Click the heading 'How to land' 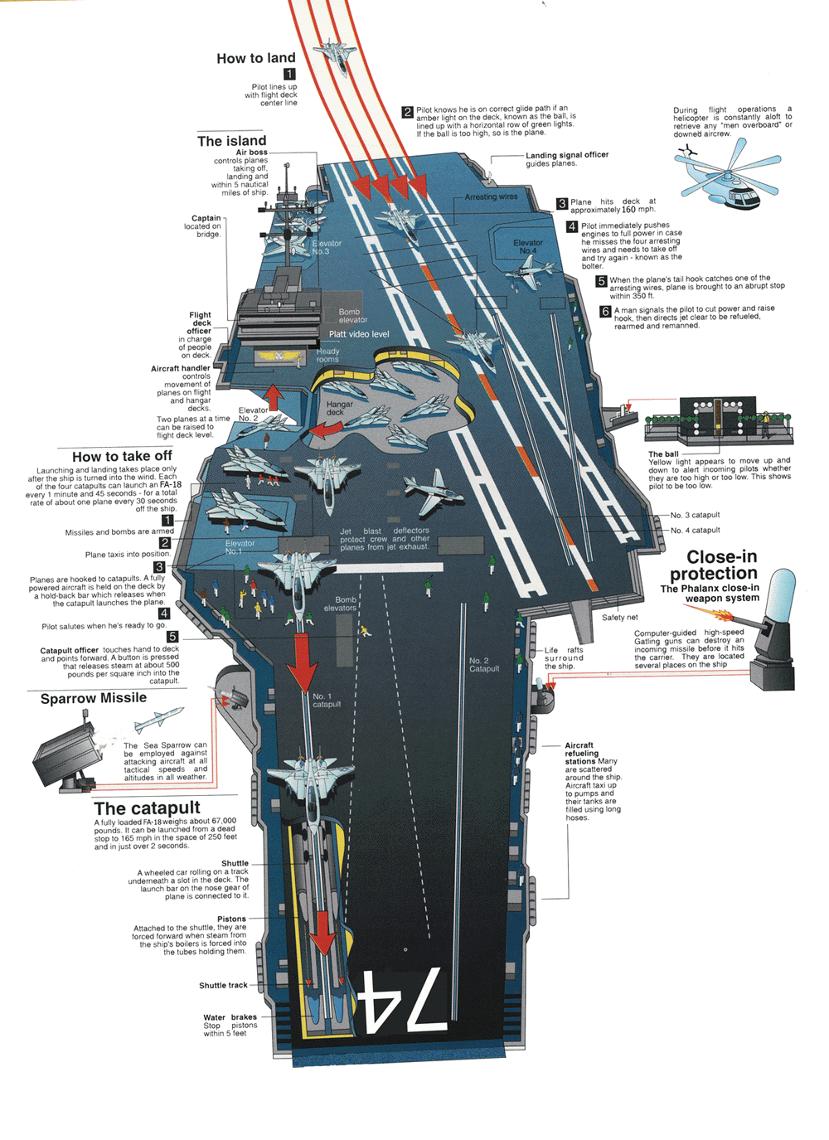point(255,58)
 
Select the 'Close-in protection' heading point(715,565)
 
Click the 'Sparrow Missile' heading point(94,698)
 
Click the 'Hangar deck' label point(339,408)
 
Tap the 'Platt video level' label point(359,334)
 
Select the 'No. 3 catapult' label point(695,515)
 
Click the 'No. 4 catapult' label point(695,530)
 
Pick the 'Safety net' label point(619,617)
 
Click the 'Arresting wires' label point(491,197)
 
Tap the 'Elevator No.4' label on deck point(527,246)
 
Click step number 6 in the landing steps point(605,312)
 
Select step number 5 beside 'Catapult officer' point(172,637)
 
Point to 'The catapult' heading point(148,808)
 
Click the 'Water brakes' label point(230,1017)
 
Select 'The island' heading point(231,141)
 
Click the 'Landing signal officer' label point(567,155)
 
